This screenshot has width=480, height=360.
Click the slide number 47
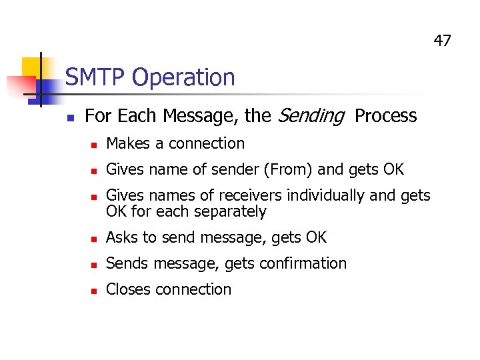[x=442, y=41]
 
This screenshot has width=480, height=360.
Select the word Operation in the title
[x=183, y=77]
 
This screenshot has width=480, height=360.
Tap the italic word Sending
[x=309, y=116]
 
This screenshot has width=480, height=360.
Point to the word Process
[x=385, y=116]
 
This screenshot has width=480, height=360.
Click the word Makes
[x=126, y=143]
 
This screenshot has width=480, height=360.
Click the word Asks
[x=121, y=237]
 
